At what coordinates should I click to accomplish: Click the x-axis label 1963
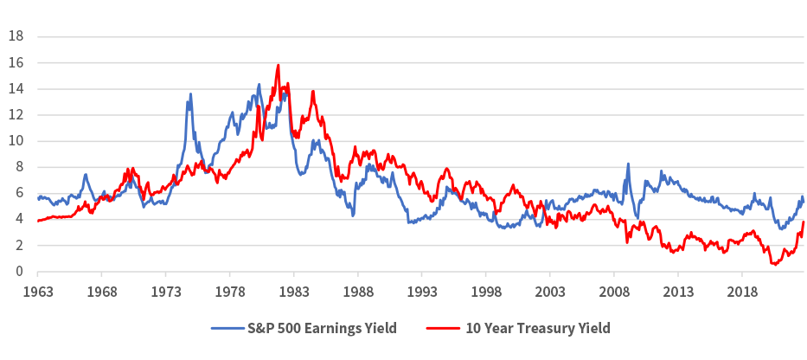[37, 292]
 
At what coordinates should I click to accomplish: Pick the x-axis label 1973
[165, 292]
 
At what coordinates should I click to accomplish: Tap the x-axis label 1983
[294, 292]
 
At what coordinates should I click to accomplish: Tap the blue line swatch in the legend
[228, 328]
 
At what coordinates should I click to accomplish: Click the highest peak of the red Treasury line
[278, 65]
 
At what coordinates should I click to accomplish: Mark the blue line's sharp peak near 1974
[190, 93]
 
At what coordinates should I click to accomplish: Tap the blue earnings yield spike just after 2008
[628, 164]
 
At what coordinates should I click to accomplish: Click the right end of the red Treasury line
[804, 222]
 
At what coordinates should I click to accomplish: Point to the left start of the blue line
[37, 198]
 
